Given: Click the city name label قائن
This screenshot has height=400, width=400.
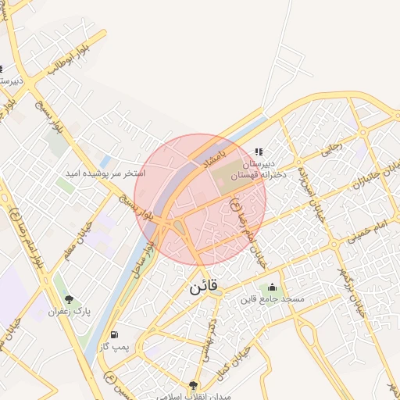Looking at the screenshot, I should pos(205,287).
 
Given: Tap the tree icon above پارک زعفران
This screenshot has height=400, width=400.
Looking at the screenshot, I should pos(69,298).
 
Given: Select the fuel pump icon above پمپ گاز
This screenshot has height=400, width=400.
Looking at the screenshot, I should pos(115,334).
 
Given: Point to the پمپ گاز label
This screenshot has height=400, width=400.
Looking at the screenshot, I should pos(114,346).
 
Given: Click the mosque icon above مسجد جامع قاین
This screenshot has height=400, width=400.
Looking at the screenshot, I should pos(272,287).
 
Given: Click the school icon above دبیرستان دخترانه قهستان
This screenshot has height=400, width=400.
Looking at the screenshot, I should pos(259,152).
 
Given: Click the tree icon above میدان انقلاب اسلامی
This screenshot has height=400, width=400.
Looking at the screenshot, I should pos(193,384).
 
